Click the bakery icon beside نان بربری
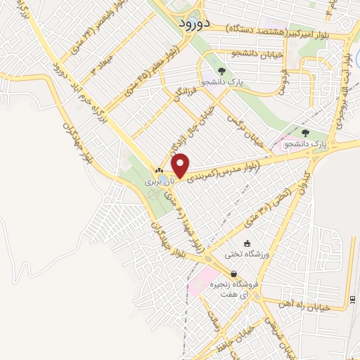(159, 170)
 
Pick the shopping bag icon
(233, 274)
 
